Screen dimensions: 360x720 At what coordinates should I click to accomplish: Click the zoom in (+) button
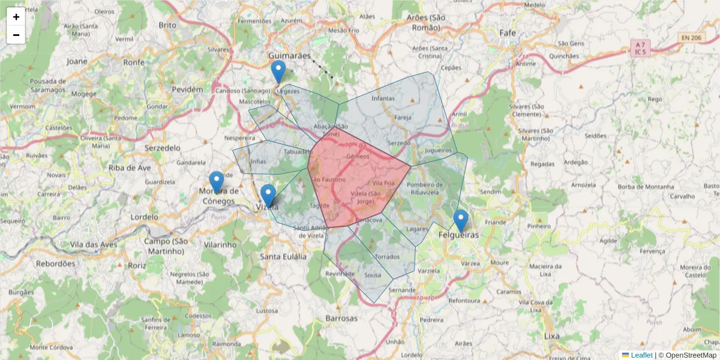[x=16, y=17]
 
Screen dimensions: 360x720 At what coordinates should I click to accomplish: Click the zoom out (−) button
[x=16, y=35]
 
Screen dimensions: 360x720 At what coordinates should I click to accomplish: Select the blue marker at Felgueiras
[x=460, y=221]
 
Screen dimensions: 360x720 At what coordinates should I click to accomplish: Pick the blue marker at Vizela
[x=268, y=196]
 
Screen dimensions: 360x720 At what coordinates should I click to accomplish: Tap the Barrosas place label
[x=341, y=318]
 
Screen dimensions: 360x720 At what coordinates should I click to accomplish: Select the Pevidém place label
[x=187, y=89]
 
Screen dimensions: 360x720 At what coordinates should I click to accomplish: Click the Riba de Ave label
[x=130, y=168]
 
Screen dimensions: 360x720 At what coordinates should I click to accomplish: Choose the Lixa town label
[x=551, y=336]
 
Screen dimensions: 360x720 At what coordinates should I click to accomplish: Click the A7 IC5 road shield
[x=640, y=48]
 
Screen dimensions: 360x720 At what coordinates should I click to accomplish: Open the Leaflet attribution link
[x=641, y=355]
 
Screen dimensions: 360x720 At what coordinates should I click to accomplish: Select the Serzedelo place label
[x=163, y=147]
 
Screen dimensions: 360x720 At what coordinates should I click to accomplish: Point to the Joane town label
[x=77, y=61]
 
